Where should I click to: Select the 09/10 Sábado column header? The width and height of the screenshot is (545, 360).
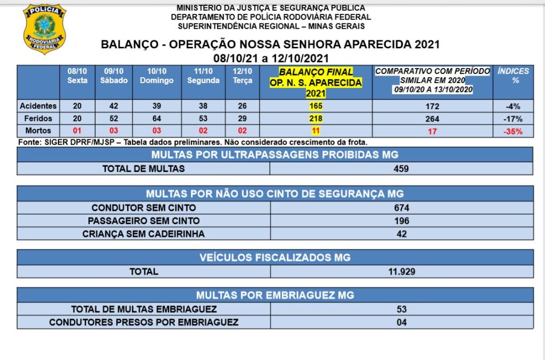113,76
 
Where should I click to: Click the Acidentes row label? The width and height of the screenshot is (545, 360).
38,106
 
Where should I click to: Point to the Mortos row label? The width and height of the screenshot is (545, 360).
38,130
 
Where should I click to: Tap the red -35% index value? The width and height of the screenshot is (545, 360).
514,131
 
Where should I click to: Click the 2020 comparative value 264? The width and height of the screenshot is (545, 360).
432,118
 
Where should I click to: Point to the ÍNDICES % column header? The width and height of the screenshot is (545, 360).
514,76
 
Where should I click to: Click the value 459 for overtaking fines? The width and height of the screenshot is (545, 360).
402,169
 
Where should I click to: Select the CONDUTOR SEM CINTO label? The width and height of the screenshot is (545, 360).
144,207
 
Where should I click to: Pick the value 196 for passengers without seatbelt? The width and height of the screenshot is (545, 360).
402,220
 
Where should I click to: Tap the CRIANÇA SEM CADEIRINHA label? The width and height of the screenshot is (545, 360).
144,233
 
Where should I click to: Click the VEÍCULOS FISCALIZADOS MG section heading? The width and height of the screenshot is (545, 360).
275,258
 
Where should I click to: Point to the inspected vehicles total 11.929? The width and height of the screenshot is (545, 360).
402,271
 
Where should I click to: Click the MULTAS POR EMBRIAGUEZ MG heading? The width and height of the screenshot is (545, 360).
275,295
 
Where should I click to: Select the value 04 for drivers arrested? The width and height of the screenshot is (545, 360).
402,322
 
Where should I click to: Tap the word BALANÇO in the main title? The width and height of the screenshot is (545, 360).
129,45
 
